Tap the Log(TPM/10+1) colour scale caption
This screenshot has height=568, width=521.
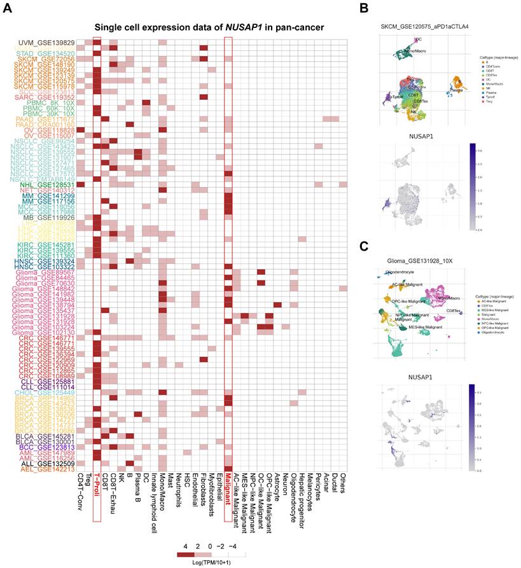(x=200, y=561)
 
